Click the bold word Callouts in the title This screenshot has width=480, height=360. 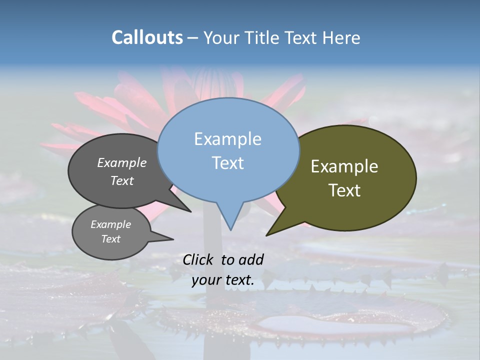click(147, 37)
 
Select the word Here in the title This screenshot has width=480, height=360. click(342, 37)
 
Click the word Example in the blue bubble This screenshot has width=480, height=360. click(227, 139)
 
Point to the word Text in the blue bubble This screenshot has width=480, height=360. click(227, 163)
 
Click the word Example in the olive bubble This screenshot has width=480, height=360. click(344, 166)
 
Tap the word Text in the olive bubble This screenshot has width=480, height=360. click(344, 190)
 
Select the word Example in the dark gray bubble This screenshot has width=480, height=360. click(121, 163)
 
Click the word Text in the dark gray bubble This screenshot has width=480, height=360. click(121, 180)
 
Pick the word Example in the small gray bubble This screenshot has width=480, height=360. click(110, 224)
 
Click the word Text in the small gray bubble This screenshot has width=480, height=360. click(110, 239)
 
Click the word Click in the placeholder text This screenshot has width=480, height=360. click(199, 259)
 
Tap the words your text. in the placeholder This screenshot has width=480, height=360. click(223, 280)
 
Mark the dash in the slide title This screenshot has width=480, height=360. click(193, 38)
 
